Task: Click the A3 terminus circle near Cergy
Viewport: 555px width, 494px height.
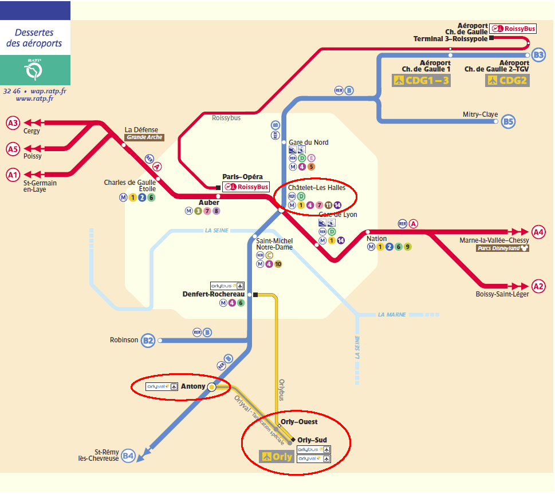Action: tap(13, 122)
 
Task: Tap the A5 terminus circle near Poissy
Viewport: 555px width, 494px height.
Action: tap(13, 149)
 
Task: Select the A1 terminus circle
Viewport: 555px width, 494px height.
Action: tap(13, 175)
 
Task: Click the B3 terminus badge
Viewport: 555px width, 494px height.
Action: tap(538, 55)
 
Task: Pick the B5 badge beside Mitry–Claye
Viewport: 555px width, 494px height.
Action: tap(508, 121)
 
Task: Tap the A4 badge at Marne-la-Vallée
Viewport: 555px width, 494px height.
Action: tap(538, 232)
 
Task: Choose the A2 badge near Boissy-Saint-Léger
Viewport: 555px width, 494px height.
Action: tap(538, 286)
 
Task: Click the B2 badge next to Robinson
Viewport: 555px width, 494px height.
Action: tap(148, 340)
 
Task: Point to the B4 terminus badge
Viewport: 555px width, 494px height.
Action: tap(128, 456)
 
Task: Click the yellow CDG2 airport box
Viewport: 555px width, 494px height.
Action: tap(507, 80)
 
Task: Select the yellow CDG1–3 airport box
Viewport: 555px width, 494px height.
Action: tap(421, 80)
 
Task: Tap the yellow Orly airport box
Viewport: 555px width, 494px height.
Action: tap(277, 456)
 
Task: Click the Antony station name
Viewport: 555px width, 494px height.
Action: tap(193, 386)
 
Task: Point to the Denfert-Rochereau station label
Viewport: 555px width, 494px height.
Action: tap(209, 294)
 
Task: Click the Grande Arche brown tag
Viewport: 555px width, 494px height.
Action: tap(144, 137)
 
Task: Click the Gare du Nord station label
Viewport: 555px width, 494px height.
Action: tap(309, 143)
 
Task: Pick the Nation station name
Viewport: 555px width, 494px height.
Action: tap(376, 238)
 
